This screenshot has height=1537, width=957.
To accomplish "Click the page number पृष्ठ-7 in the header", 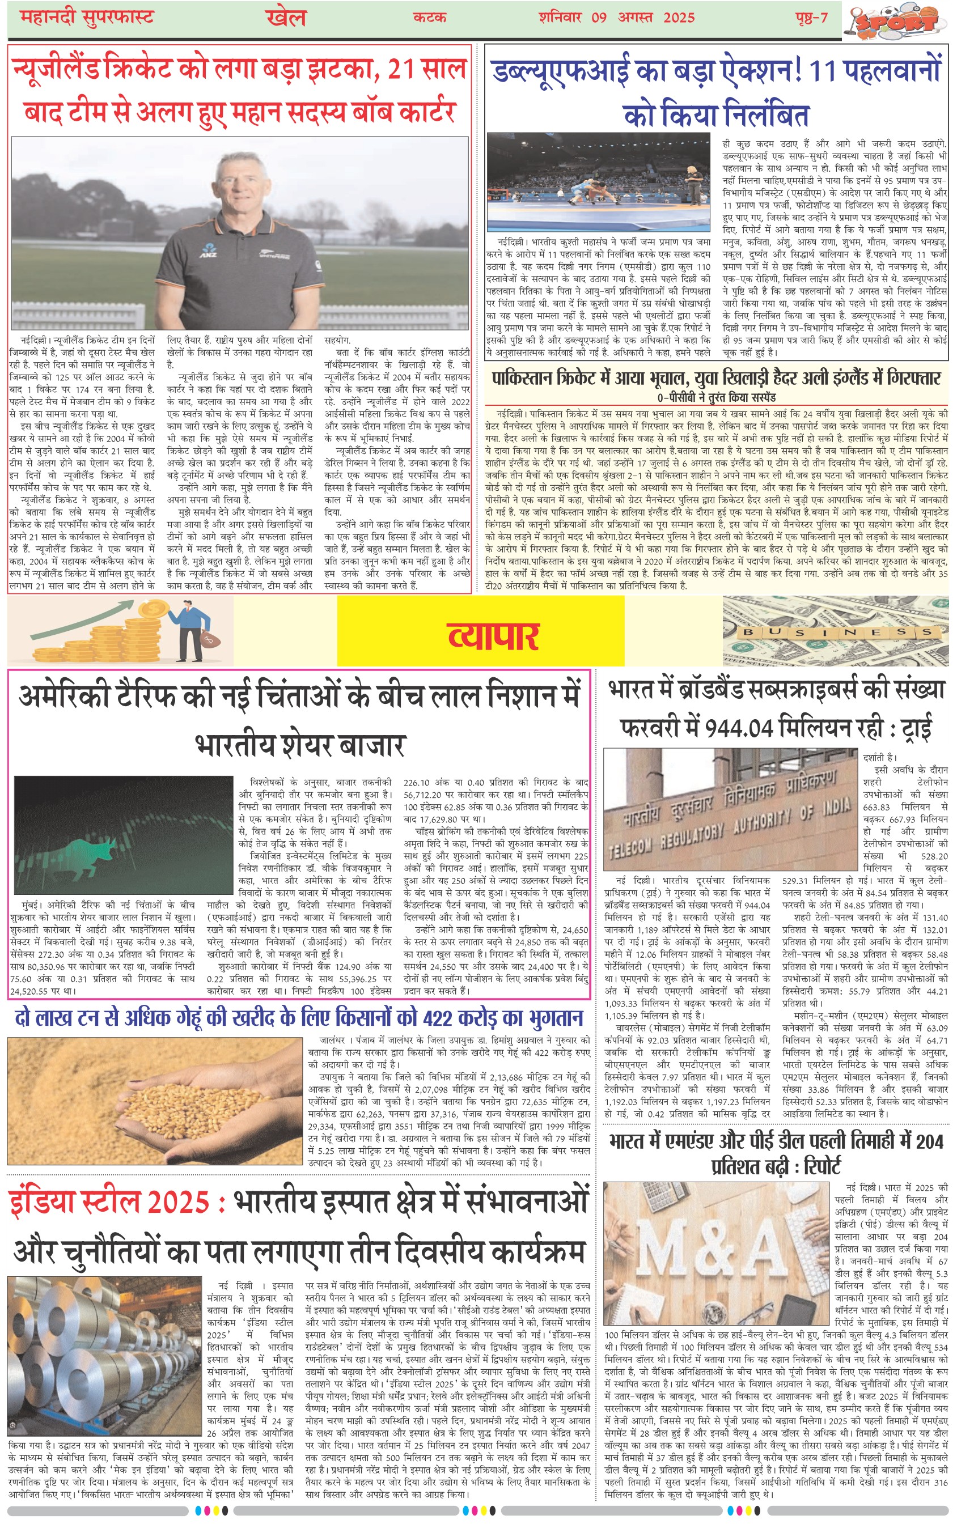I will point(811,17).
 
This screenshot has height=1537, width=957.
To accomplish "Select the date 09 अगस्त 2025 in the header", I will point(643,17).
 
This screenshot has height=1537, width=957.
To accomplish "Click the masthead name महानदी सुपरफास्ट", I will point(87,17).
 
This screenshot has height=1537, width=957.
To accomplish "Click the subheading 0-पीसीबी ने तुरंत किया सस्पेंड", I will point(716,397).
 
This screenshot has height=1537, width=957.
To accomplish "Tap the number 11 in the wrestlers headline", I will point(826,71).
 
